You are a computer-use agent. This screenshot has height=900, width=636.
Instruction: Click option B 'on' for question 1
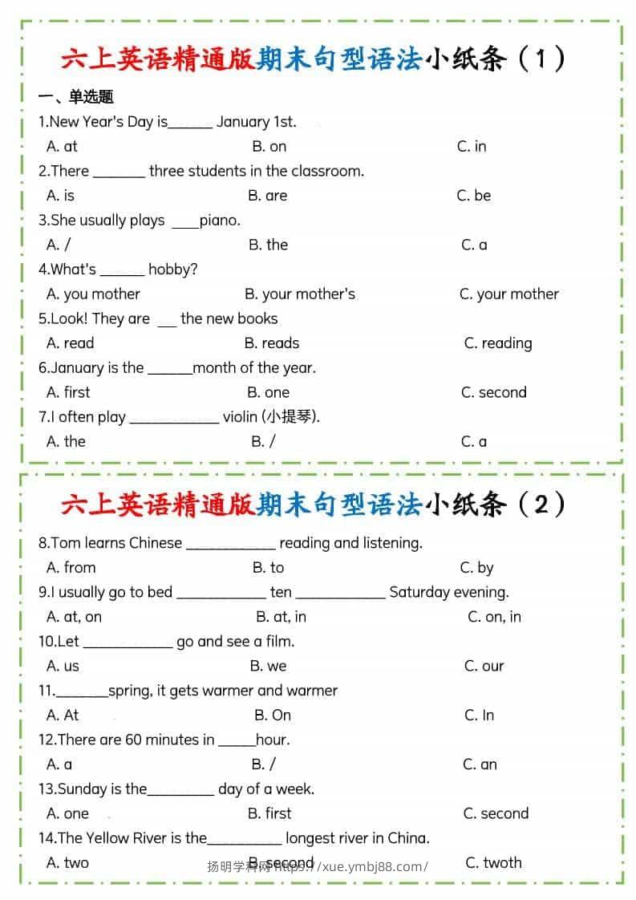[269, 146]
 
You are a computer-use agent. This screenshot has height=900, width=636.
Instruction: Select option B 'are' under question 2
[267, 196]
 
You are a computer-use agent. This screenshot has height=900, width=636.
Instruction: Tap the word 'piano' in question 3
[219, 221]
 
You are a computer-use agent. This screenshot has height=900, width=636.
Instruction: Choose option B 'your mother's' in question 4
[299, 294]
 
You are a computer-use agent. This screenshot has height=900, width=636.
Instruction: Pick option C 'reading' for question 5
[498, 343]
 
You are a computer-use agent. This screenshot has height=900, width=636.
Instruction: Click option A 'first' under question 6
[68, 392]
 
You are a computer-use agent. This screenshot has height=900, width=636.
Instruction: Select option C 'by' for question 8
[476, 568]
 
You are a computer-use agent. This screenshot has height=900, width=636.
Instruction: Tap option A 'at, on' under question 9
[74, 617]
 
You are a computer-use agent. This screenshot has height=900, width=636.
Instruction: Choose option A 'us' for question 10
[63, 666]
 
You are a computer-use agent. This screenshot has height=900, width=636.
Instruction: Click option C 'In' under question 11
[479, 715]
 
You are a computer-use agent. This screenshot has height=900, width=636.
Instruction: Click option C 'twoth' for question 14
[493, 863]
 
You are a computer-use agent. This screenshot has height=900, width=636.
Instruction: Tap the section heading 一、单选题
[76, 97]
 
